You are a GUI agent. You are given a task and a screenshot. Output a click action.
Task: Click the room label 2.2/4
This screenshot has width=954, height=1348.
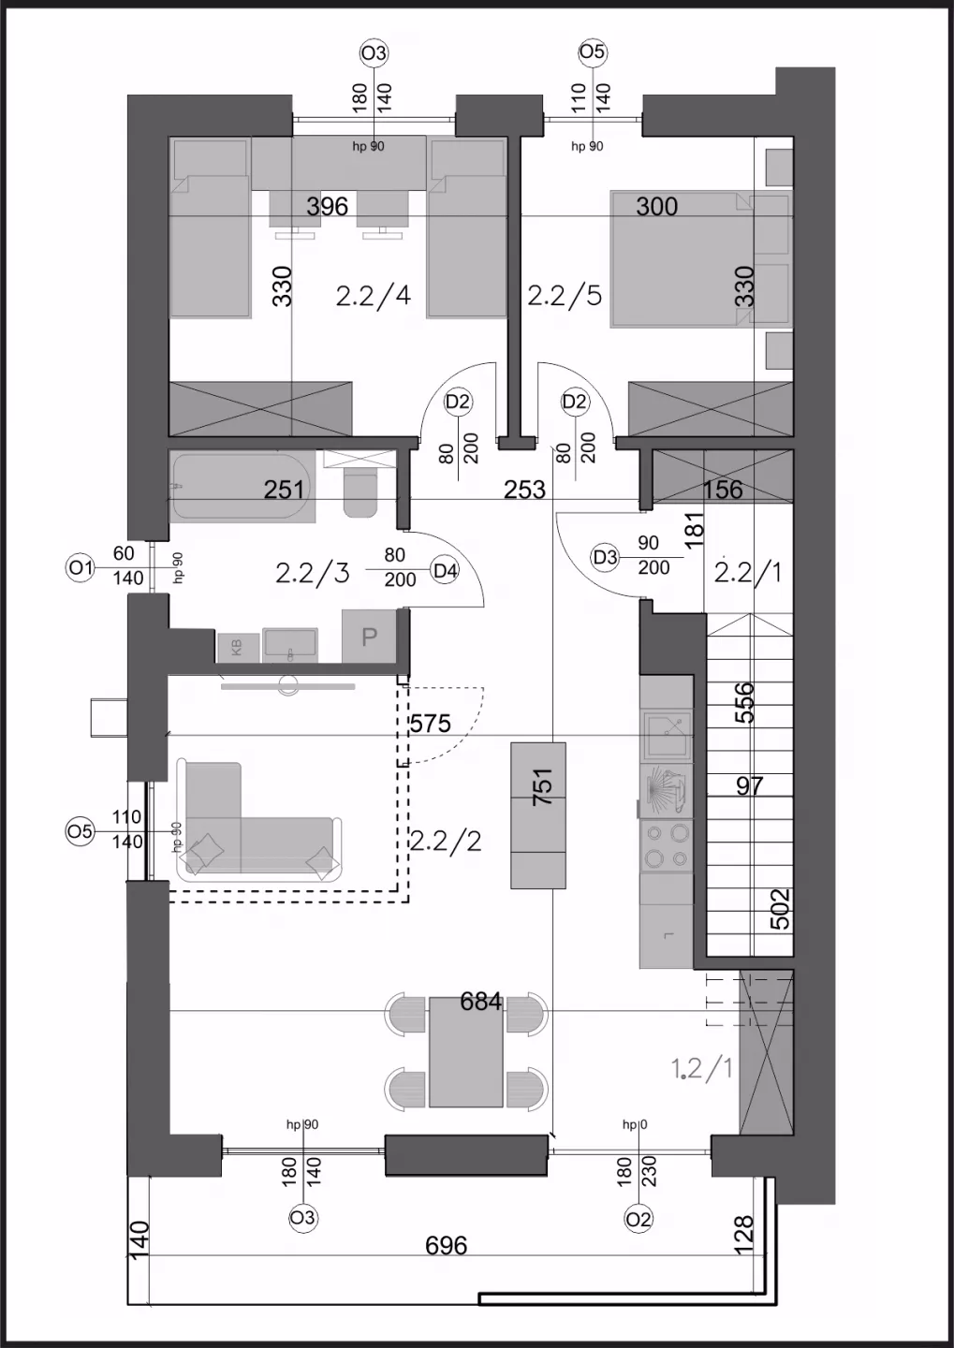click(374, 296)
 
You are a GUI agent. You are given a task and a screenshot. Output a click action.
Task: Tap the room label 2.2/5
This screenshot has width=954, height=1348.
click(565, 296)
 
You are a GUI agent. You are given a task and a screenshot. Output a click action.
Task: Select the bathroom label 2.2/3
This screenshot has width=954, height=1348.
click(313, 573)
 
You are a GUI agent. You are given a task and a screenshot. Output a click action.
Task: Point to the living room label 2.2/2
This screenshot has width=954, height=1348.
click(446, 841)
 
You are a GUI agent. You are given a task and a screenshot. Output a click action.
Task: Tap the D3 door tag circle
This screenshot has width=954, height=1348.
click(606, 558)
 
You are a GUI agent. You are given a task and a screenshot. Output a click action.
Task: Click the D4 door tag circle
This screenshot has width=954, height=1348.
click(445, 570)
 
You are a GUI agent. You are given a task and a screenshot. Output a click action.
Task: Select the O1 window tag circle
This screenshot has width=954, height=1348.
click(81, 567)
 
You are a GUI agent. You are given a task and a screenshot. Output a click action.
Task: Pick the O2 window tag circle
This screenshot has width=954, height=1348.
click(638, 1219)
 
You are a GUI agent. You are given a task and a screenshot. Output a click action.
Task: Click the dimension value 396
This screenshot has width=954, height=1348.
click(328, 206)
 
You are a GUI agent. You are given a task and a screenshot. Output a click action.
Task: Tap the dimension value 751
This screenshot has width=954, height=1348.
click(543, 786)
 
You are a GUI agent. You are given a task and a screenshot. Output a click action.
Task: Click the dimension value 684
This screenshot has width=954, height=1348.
click(481, 1002)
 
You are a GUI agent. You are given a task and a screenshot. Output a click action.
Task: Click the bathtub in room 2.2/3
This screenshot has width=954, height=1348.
click(242, 487)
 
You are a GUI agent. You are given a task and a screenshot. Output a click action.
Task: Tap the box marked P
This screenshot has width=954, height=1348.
click(369, 637)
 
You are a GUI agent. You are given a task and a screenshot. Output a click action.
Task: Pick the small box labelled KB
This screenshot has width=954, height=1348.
click(238, 648)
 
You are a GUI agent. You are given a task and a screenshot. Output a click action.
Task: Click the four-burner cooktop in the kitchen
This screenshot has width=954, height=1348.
click(667, 844)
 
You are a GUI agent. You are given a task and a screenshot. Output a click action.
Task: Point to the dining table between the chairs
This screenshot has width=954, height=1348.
click(466, 1052)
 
